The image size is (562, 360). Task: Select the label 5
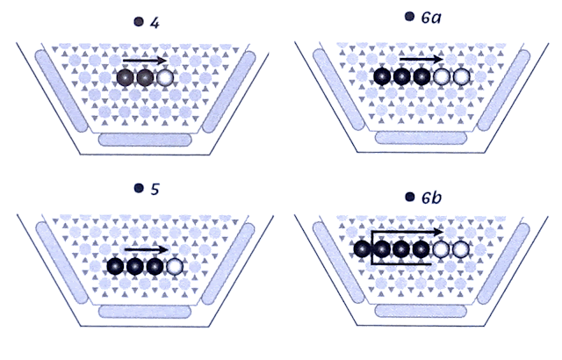tap(155, 189)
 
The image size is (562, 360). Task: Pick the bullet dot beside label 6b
tap(410, 198)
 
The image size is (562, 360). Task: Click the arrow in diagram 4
tap(145, 61)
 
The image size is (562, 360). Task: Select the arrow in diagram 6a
tap(421, 60)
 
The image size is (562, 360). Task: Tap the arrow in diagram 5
tap(146, 248)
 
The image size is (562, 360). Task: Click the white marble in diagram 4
tap(165, 77)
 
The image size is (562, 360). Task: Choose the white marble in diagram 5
tap(176, 266)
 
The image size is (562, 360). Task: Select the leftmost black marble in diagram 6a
tap(382, 77)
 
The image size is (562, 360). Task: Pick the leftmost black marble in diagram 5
tap(114, 266)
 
